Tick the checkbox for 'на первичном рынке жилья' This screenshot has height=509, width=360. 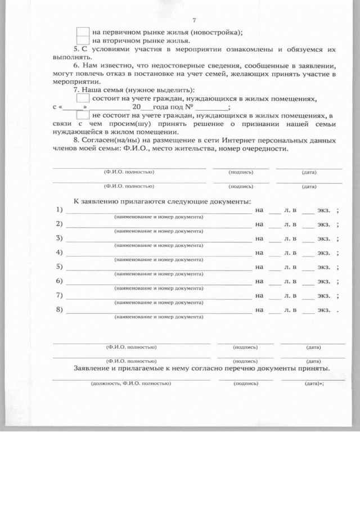coord(83,31)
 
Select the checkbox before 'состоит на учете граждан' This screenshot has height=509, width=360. coord(83,98)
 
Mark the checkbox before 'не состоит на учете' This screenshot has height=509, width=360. coord(83,116)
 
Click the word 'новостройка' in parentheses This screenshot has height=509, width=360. coord(219,32)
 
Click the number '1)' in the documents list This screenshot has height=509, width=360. coord(60,210)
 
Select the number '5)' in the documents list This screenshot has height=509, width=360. coord(60,267)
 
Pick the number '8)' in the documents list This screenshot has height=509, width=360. coord(60,309)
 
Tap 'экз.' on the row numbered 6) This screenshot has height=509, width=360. coord(323,281)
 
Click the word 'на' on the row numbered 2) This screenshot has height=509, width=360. coord(259,224)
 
